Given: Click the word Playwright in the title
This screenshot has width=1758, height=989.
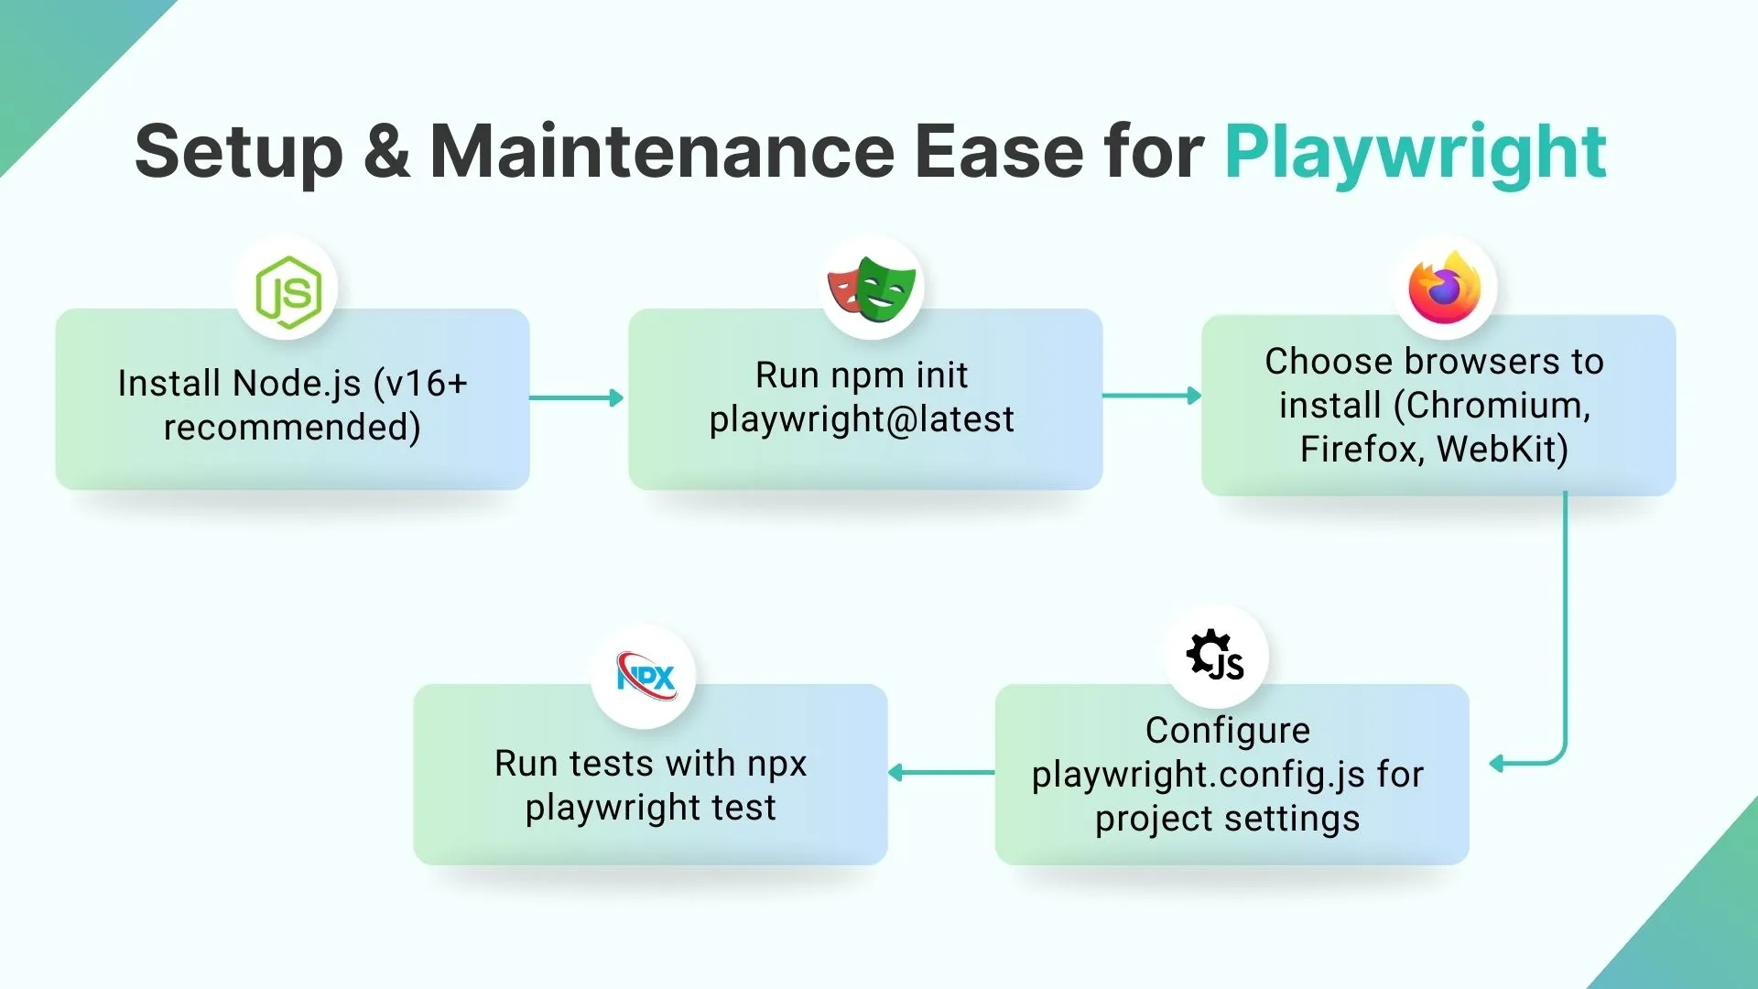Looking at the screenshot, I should click(1416, 152).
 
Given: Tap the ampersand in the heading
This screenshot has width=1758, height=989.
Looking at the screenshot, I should click(386, 152).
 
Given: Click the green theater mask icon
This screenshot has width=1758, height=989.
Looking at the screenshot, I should click(884, 288).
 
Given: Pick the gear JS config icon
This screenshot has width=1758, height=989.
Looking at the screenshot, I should click(1215, 656).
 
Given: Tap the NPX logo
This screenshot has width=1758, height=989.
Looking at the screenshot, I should click(646, 677).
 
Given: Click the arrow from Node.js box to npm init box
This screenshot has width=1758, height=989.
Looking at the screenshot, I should click(577, 397).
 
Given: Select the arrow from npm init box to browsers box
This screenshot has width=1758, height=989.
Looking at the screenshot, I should click(1152, 396).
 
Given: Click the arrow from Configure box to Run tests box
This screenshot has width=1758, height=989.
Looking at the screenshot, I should click(941, 773).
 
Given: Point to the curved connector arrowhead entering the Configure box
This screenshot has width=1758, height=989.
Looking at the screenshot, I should click(1498, 764).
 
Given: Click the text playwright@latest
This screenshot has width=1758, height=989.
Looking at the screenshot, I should click(862, 419).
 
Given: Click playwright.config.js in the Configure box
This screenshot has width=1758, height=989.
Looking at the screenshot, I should click(1198, 776).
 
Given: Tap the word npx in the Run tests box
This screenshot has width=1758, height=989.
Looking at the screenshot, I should click(776, 764).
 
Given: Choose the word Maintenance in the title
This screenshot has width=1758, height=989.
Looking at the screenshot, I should click(662, 152).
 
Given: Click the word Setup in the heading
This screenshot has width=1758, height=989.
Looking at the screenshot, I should click(239, 152).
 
